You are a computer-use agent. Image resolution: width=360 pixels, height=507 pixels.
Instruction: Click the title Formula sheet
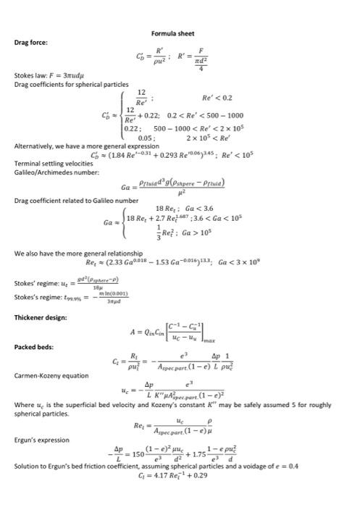172,34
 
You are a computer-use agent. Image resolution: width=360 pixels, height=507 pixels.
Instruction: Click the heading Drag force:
32,42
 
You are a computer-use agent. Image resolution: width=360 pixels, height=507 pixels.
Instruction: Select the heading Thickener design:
40,317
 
